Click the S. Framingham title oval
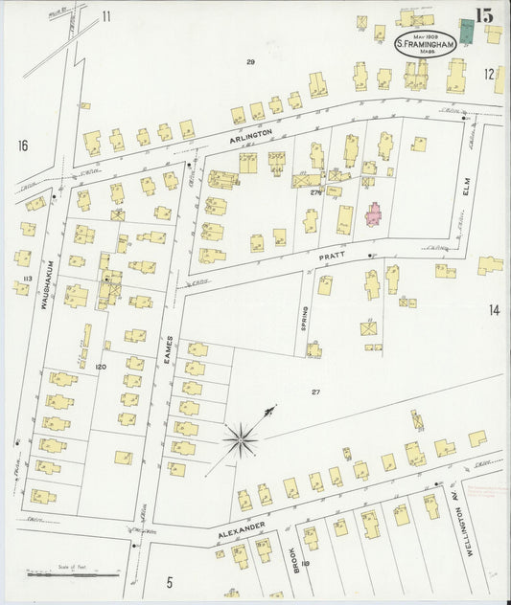[424, 45]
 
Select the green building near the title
[467, 31]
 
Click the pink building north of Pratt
[372, 213]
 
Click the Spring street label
[306, 318]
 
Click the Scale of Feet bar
[73, 575]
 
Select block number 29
[250, 62]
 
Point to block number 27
[314, 392]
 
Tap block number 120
[100, 367]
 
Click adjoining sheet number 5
[169, 581]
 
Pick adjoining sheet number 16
[21, 146]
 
